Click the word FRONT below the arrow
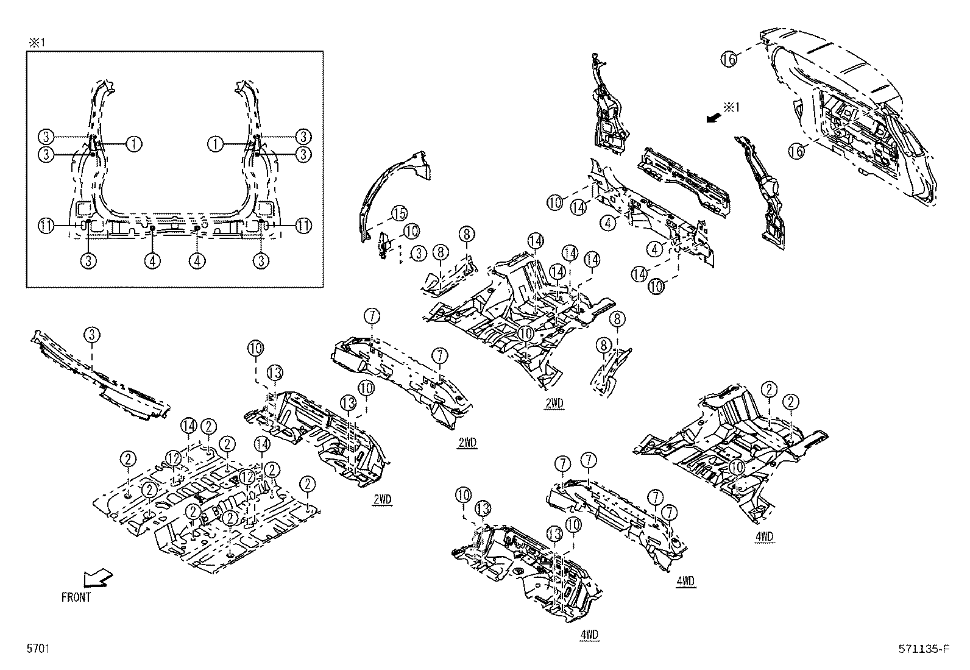[x=76, y=597]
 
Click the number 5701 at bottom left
[x=37, y=650]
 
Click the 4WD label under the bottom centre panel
[x=589, y=635]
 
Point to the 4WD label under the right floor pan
[x=765, y=536]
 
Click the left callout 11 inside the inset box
[x=46, y=226]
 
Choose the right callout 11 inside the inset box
[x=303, y=226]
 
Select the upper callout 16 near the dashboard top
[x=729, y=59]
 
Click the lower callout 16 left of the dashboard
[x=796, y=151]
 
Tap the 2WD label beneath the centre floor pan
[x=554, y=404]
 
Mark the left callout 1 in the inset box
[x=134, y=144]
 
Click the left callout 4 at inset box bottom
[x=153, y=261]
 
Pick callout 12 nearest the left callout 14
[x=174, y=457]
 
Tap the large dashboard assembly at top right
[x=853, y=116]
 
